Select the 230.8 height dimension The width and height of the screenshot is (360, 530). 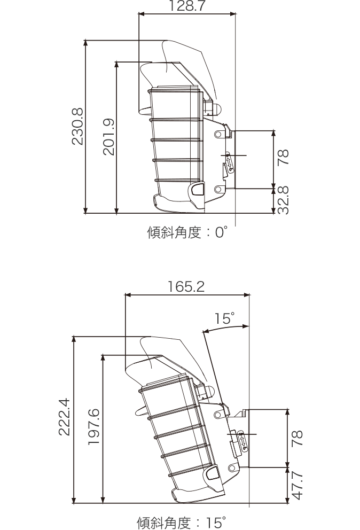[x=78, y=126]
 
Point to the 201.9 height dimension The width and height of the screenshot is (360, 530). [x=109, y=137]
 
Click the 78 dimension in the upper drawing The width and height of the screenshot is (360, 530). [x=284, y=159]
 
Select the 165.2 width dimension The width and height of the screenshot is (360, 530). [x=186, y=287]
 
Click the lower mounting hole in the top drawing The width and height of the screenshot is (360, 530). [x=217, y=189]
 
